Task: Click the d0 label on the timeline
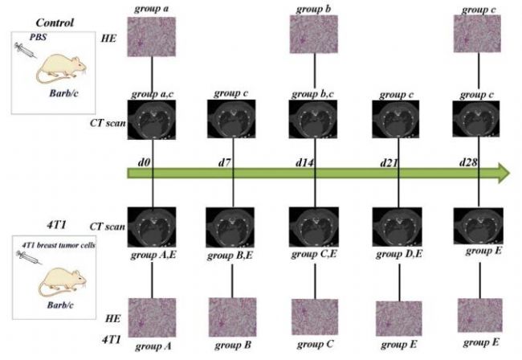coord(145,163)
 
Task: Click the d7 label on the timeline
coord(225,163)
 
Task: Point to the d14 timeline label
coord(304,163)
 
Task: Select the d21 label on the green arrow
coord(389,163)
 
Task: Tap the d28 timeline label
coord(468,163)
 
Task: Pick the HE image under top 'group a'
coord(153,36)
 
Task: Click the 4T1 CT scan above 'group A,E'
coord(153,227)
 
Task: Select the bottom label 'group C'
coord(314,344)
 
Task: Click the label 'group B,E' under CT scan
coord(230,256)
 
